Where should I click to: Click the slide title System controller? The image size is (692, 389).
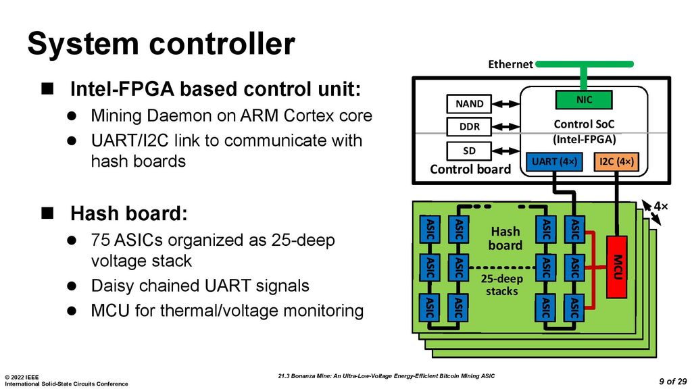pyautogui.click(x=161, y=45)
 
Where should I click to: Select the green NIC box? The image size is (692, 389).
pyautogui.click(x=583, y=99)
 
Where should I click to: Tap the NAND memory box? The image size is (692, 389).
pyautogui.click(x=469, y=104)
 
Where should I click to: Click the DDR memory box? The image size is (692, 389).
pyautogui.click(x=469, y=127)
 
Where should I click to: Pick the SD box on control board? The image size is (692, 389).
pyautogui.click(x=469, y=150)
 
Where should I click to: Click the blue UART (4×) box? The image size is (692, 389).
pyautogui.click(x=553, y=162)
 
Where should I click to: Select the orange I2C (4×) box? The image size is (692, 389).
pyautogui.click(x=616, y=162)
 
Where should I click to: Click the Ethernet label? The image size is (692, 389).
pyautogui.click(x=510, y=64)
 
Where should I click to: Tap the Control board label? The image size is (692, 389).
pyautogui.click(x=470, y=170)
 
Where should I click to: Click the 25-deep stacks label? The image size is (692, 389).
pyautogui.click(x=501, y=284)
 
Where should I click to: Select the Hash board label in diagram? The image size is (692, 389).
pyautogui.click(x=505, y=238)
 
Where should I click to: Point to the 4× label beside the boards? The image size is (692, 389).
pyautogui.click(x=660, y=205)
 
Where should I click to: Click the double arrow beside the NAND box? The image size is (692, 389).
pyautogui.click(x=505, y=104)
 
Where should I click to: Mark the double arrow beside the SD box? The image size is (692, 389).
pyautogui.click(x=505, y=150)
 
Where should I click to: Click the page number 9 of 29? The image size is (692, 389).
pyautogui.click(x=672, y=381)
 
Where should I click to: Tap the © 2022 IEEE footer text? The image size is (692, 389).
pyautogui.click(x=22, y=377)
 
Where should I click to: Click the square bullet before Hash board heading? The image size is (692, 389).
pyautogui.click(x=47, y=213)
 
